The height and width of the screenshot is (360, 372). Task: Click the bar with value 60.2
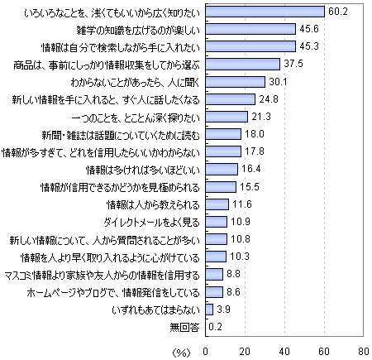click(x=265, y=12)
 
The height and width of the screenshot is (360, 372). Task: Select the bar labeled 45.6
click(x=250, y=29)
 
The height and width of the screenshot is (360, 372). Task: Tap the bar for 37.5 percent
click(x=243, y=64)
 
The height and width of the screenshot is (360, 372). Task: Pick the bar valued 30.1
click(x=236, y=82)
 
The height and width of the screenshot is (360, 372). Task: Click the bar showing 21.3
click(x=227, y=117)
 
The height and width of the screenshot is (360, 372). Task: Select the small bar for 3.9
click(x=209, y=310)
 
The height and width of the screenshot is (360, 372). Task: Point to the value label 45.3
click(x=309, y=46)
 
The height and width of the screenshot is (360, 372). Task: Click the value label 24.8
click(x=269, y=98)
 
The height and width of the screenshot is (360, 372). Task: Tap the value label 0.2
click(x=216, y=327)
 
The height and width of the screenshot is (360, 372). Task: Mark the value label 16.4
click(x=251, y=169)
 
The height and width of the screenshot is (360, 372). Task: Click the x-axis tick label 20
click(x=245, y=352)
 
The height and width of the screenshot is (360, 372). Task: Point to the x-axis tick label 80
click(x=364, y=352)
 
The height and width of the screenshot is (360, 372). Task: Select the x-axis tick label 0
click(x=206, y=352)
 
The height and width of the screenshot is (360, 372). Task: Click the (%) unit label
click(x=181, y=353)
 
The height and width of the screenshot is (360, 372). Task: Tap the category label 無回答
click(x=184, y=327)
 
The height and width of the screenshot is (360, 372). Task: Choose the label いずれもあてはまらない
click(x=155, y=310)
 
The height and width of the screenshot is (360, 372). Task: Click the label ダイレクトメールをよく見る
click(x=151, y=223)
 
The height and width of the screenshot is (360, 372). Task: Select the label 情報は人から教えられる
click(x=153, y=205)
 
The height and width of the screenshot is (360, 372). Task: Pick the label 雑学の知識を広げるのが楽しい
click(x=138, y=30)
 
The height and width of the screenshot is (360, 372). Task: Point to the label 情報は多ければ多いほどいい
click(x=143, y=170)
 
